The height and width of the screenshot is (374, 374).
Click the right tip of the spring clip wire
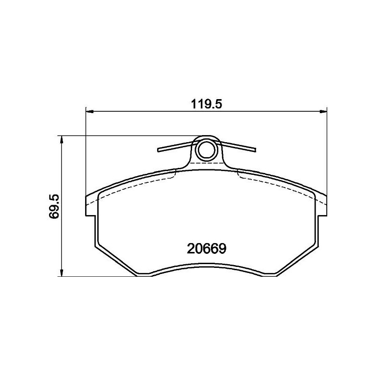pos(256,150)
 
